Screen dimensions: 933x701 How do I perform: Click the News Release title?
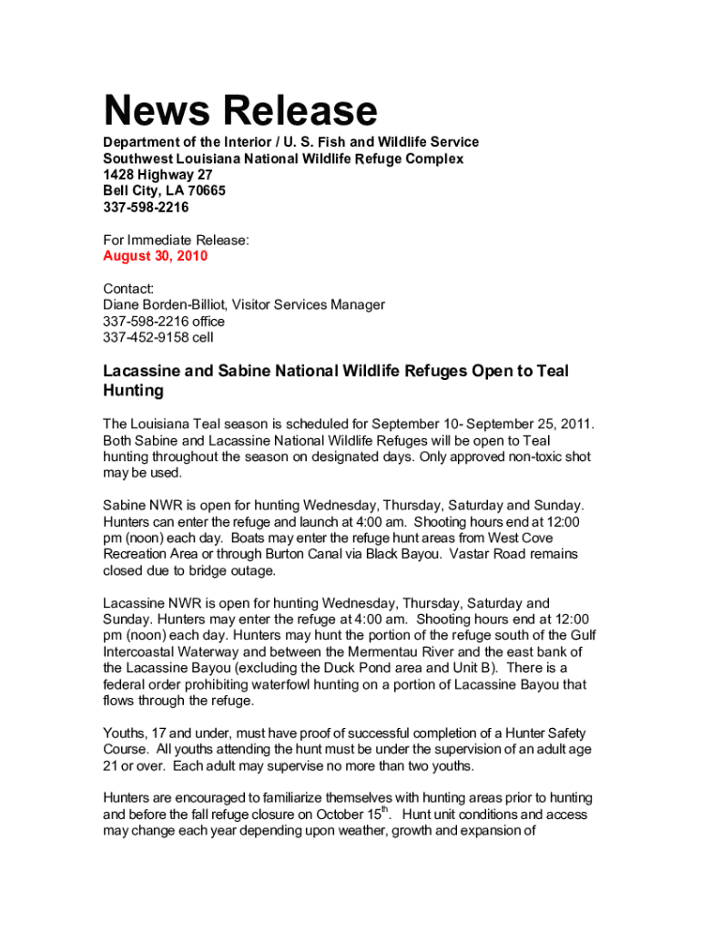[239, 111]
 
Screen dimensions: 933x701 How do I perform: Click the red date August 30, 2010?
[155, 256]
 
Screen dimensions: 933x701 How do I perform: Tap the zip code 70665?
[205, 191]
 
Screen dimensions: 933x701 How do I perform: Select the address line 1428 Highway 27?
[157, 175]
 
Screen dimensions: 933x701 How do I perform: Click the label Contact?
[128, 288]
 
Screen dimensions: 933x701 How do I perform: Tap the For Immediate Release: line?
[176, 240]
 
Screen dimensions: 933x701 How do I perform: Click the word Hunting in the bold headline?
[133, 391]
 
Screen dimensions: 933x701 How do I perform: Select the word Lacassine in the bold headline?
[143, 371]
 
